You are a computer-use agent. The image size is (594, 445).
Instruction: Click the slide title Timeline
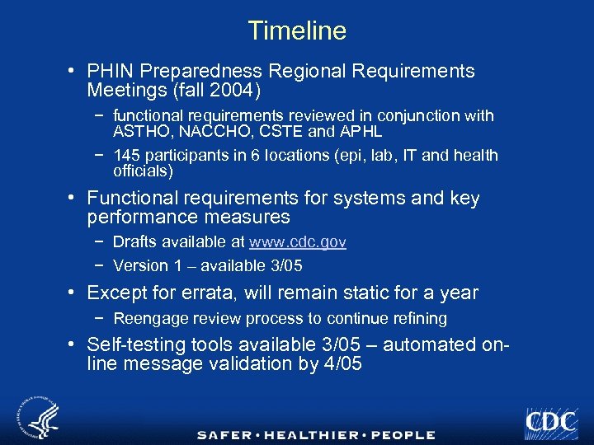pos(297,31)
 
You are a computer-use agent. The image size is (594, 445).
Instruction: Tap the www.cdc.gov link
pos(297,242)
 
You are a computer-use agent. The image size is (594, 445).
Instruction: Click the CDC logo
pos(550,421)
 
